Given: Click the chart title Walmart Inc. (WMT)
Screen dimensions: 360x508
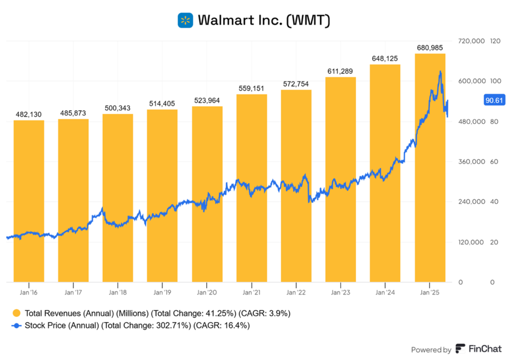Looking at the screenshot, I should click(264, 20).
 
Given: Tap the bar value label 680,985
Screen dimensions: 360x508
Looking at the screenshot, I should click(430, 48).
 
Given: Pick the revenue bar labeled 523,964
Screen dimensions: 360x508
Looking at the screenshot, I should click(207, 193).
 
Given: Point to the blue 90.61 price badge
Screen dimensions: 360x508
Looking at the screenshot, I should click(494, 101).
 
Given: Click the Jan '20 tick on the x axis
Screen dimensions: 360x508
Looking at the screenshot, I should click(207, 293).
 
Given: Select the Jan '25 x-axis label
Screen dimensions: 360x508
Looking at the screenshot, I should click(430, 293).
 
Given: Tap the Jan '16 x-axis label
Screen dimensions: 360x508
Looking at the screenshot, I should click(29, 293).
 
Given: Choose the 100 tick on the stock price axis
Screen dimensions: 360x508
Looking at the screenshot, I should click(495, 81).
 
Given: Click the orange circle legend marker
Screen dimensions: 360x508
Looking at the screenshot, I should click(16, 313).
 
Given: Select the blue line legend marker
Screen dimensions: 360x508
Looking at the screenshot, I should click(16, 326).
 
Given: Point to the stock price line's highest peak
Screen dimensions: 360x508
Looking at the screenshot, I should click(440, 72).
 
